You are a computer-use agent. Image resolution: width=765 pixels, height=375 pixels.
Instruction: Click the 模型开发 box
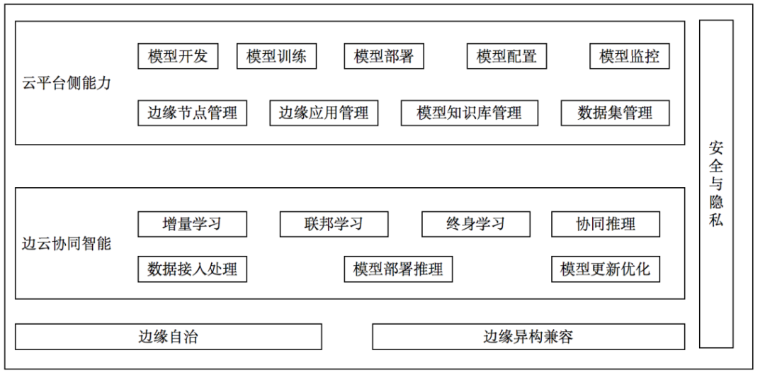coord(178,56)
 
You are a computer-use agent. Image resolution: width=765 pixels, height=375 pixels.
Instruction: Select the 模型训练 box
coord(277,56)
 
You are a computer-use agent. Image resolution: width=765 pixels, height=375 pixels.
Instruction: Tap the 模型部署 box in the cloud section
coord(384,56)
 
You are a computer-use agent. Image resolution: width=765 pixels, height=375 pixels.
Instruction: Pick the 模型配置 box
coord(506,56)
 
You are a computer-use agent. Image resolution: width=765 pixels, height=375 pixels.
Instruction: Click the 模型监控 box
coord(630,56)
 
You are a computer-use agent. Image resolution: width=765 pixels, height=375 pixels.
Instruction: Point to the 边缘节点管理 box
coord(192,113)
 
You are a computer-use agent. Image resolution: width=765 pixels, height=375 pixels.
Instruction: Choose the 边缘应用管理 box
coord(324,113)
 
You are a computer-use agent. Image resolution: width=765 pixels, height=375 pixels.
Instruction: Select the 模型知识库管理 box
coord(470,113)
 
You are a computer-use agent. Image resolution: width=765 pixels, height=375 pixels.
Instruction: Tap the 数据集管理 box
coord(616,113)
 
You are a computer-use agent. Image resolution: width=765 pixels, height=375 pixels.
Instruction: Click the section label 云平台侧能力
coord(67,83)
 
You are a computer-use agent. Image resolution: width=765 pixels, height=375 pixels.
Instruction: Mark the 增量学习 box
coord(192,224)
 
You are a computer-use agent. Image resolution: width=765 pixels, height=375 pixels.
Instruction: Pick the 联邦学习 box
coord(334,224)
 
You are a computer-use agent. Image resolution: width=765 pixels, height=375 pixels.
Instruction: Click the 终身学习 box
coord(476,224)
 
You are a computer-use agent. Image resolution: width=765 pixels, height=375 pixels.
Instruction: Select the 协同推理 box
coord(606,224)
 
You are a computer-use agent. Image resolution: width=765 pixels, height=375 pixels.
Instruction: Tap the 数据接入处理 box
coord(192,269)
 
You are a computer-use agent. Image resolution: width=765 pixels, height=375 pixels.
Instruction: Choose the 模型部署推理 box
coord(398,269)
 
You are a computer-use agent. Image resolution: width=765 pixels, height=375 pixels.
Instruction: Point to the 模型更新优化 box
coord(606,269)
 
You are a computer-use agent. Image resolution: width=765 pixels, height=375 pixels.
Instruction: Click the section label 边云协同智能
coord(67,244)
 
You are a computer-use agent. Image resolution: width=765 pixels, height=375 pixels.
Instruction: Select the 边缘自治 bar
coord(169,337)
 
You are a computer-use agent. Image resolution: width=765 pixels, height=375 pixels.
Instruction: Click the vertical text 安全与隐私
coord(716,184)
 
